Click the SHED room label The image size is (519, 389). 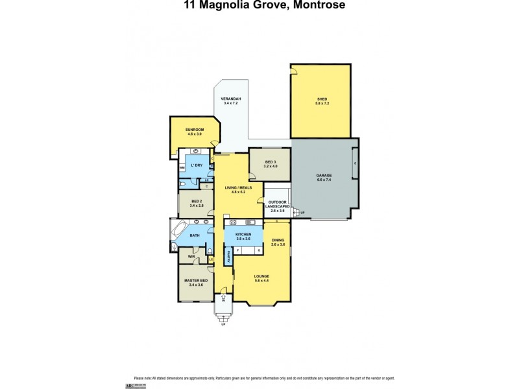point(322,99)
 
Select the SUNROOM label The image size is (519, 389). point(195,130)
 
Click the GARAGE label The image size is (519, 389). point(324,176)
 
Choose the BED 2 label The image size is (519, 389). point(197,202)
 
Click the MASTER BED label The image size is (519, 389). point(197,281)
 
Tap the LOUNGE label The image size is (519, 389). point(261,276)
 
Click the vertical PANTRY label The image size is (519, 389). point(229,257)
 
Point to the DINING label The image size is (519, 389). point(278,241)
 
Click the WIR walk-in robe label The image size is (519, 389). point(191,257)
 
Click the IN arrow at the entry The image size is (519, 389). point(223,300)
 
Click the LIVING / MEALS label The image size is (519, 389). point(237,189)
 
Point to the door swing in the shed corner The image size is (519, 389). point(294,69)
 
